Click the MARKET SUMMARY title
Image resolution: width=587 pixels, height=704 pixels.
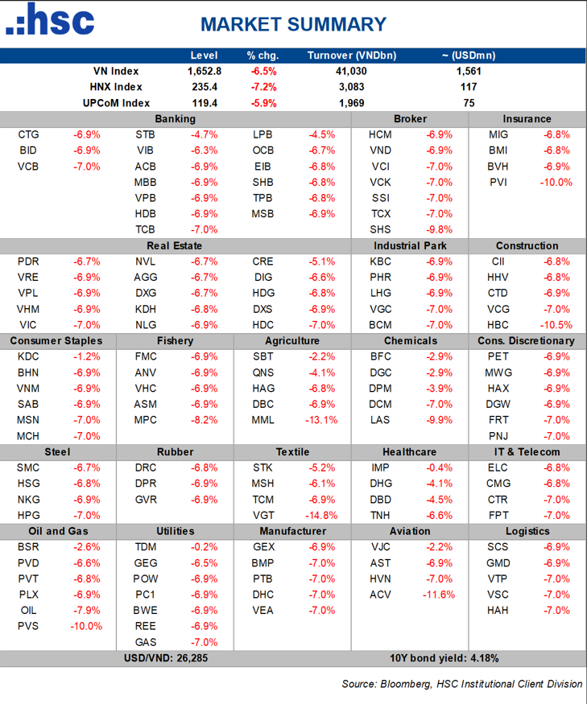point(294,25)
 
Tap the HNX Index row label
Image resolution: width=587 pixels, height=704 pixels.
point(117,87)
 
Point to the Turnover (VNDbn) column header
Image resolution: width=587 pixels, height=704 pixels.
point(352,56)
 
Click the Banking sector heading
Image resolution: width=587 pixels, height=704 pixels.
point(176,118)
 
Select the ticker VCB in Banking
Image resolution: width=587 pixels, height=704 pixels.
point(27,167)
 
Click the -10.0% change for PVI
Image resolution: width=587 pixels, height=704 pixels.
point(556,182)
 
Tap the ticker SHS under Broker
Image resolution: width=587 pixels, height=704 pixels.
point(380,229)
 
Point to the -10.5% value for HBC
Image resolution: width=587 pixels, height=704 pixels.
point(556,325)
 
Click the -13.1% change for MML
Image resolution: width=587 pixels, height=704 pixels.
point(321,420)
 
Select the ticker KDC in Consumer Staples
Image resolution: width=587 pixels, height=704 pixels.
point(27,356)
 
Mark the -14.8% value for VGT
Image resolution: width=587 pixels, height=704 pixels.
point(321,516)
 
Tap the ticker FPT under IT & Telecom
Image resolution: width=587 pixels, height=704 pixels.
point(498,516)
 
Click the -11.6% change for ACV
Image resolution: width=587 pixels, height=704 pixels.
point(439,595)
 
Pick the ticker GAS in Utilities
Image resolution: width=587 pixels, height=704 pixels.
point(146,642)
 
